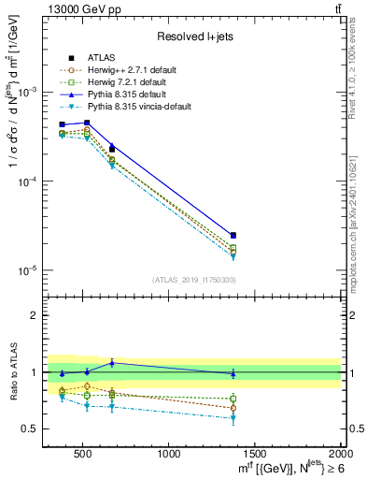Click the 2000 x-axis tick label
tap(339, 455)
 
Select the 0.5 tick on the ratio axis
tap(31, 428)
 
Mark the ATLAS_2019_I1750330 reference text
tap(193, 280)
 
